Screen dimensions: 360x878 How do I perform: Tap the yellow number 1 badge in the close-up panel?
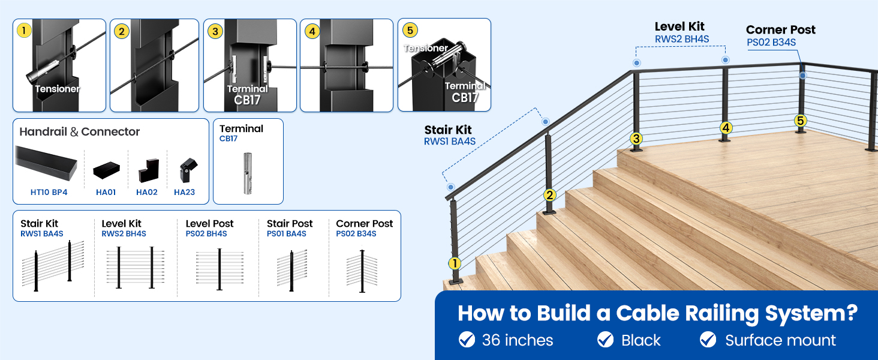tap(23, 31)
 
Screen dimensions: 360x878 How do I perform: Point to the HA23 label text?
tap(184, 193)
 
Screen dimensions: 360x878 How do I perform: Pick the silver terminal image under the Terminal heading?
tap(248, 173)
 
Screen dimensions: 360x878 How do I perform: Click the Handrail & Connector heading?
tap(79, 132)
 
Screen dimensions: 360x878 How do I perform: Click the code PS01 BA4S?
tap(286, 234)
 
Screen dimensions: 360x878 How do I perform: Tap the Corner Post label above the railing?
tap(780, 30)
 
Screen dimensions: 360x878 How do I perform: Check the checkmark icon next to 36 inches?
tap(467, 340)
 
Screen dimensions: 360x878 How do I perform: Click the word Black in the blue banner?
tap(641, 341)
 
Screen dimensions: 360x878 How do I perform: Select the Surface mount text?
tap(780, 341)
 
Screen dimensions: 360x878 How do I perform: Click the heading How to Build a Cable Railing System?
tap(657, 313)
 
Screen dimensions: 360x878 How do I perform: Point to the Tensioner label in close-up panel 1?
tap(57, 89)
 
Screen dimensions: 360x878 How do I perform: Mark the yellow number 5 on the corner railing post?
tap(801, 121)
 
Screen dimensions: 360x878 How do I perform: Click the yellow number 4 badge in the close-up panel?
tap(311, 31)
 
